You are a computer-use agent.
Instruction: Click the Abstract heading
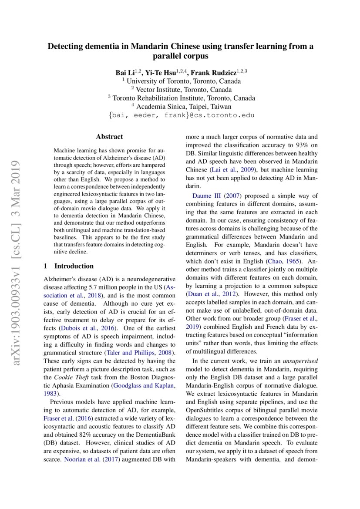[109, 137]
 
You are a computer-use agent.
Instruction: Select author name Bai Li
[124, 72]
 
